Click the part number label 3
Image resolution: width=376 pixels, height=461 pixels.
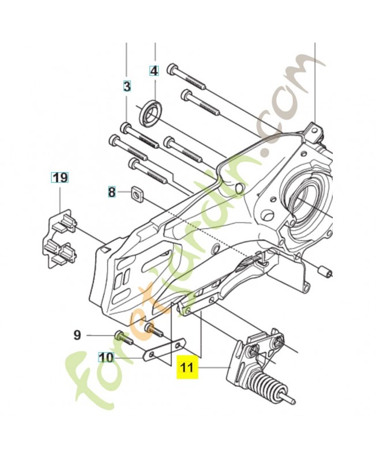point(127,86)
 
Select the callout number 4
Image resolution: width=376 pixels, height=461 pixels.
point(153,71)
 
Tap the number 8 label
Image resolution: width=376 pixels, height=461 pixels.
point(112,192)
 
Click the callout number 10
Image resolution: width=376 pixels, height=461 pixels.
point(106,357)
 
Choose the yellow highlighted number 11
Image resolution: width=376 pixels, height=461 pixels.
point(187,366)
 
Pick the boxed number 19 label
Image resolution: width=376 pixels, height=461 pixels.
point(60,177)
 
